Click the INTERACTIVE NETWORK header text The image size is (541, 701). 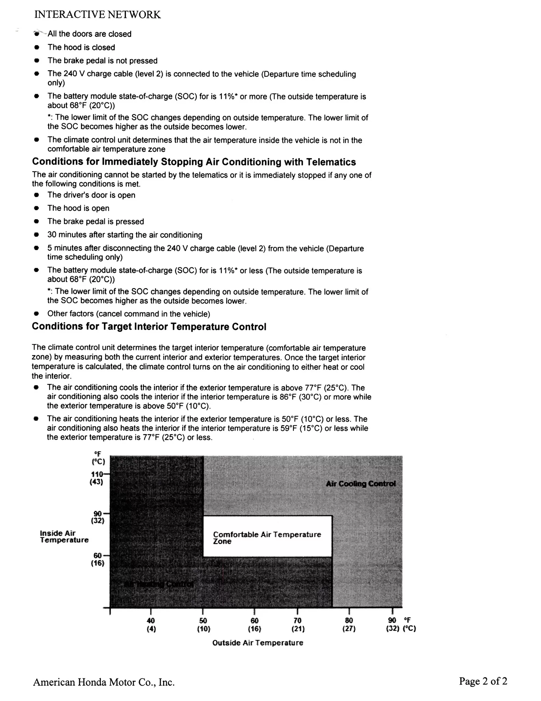pyautogui.click(x=97, y=15)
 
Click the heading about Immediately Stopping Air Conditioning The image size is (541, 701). pyautogui.click(x=194, y=162)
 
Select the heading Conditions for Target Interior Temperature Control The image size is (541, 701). pyautogui.click(x=149, y=327)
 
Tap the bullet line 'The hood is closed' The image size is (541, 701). pyautogui.click(x=81, y=47)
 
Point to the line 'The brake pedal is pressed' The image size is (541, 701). pyautogui.click(x=95, y=221)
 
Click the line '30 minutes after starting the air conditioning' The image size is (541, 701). pyautogui.click(x=124, y=235)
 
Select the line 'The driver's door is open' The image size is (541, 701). pyautogui.click(x=91, y=195)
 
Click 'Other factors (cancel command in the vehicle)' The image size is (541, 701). pyautogui.click(x=129, y=314)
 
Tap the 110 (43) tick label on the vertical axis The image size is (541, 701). pyautogui.click(x=97, y=478)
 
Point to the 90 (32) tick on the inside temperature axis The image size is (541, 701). pyautogui.click(x=98, y=517)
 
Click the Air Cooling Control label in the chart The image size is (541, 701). pyautogui.click(x=361, y=484)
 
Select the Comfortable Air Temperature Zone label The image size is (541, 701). pyautogui.click(x=267, y=538)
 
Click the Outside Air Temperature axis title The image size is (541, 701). pyautogui.click(x=258, y=643)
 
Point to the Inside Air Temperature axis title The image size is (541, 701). pyautogui.click(x=64, y=536)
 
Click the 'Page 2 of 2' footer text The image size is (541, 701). pyautogui.click(x=483, y=681)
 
